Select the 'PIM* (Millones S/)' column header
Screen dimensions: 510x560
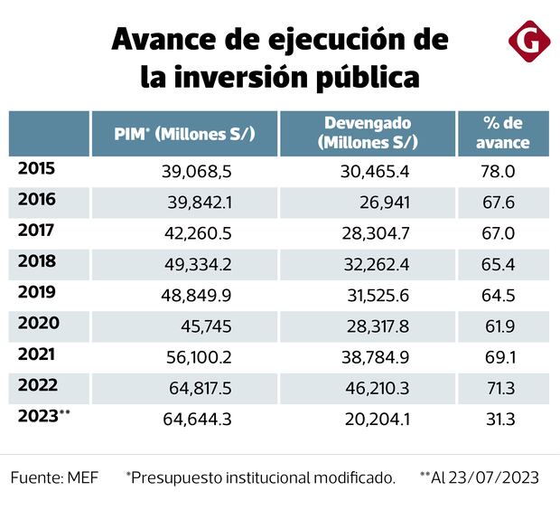(x=184, y=134)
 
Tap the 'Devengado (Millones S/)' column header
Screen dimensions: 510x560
(x=367, y=133)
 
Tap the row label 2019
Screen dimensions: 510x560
(x=37, y=294)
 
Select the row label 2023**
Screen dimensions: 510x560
(x=43, y=417)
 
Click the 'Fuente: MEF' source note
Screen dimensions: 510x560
(x=55, y=477)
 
